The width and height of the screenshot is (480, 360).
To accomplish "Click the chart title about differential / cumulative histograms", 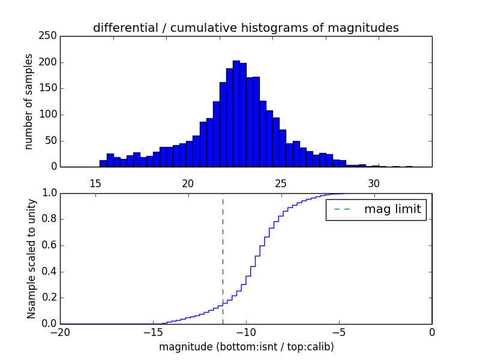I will (x=245, y=28).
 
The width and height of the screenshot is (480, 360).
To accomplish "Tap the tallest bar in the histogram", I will (x=236, y=114).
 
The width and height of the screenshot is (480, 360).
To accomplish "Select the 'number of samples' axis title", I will (x=29, y=101).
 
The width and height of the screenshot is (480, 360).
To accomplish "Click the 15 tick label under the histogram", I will (x=95, y=183).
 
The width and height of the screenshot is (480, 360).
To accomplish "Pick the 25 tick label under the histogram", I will (x=281, y=183).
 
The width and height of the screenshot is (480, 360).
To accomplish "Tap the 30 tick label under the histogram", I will (x=374, y=183).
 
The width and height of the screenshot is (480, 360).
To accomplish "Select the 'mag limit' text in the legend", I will (x=392, y=209).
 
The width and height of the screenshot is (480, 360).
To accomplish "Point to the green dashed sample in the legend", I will (x=342, y=209).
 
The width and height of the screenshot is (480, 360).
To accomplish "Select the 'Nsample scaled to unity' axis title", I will (x=31, y=258).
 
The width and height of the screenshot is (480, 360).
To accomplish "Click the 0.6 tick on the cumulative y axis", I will (x=48, y=245).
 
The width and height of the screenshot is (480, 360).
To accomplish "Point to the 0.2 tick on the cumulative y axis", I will (x=48, y=298).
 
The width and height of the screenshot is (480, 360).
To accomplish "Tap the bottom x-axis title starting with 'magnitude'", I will (x=246, y=347).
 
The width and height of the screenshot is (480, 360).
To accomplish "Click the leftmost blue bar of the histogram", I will (x=103, y=163).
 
